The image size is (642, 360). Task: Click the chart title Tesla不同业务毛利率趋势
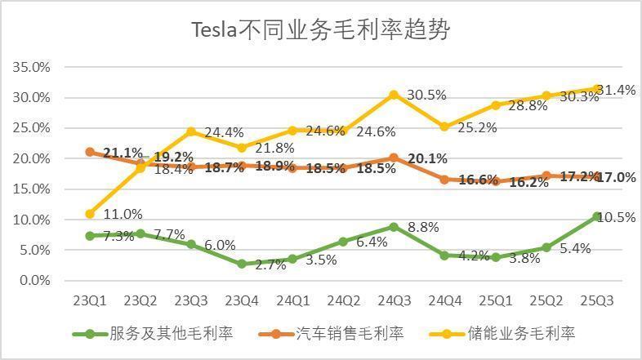(320, 30)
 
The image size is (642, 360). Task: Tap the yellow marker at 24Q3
(394, 95)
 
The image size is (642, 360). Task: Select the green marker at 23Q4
(242, 264)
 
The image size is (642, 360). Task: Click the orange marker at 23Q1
(90, 152)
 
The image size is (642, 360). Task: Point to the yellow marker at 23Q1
(90, 214)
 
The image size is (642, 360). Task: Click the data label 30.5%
(426, 95)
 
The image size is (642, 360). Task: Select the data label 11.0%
(123, 214)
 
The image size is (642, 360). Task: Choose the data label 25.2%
(476, 127)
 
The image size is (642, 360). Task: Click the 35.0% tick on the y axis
(32, 67)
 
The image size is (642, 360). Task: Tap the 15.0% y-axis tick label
(32, 189)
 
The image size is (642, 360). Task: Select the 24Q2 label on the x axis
(343, 300)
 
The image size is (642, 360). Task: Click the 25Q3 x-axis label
(596, 300)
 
